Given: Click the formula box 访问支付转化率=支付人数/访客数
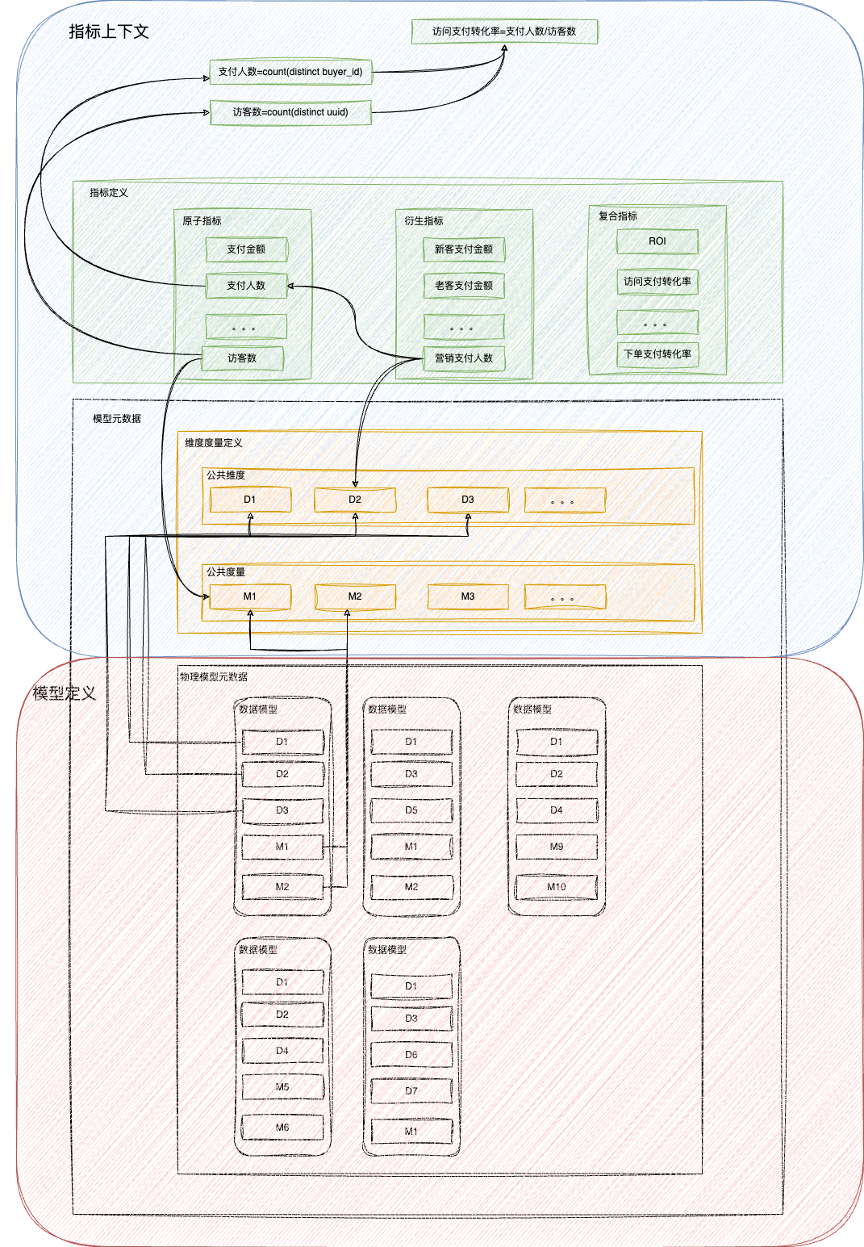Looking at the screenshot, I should (504, 31).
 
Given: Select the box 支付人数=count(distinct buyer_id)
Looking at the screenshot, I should (290, 72).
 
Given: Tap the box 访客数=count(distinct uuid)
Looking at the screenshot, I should (290, 112).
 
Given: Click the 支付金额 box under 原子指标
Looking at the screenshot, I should (246, 249).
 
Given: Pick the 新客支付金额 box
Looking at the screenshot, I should (464, 249).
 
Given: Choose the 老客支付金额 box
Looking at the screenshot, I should (464, 286).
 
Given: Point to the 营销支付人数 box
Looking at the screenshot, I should (464, 358).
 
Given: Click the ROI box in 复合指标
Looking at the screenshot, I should (657, 241).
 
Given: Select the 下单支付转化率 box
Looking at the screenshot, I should (657, 354).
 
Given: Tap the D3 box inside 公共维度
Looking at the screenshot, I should (468, 500).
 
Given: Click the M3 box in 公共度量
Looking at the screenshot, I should (468, 596).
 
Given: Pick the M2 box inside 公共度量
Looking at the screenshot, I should (355, 596).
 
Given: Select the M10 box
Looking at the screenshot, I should (557, 887).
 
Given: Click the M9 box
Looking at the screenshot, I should (557, 847).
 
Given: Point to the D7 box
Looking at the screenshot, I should (411, 1091).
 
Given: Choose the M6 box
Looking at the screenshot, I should (282, 1128).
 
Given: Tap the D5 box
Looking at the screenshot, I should (411, 810).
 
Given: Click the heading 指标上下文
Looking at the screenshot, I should (109, 31).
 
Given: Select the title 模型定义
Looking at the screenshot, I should (65, 693).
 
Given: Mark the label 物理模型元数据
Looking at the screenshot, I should (214, 677).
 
